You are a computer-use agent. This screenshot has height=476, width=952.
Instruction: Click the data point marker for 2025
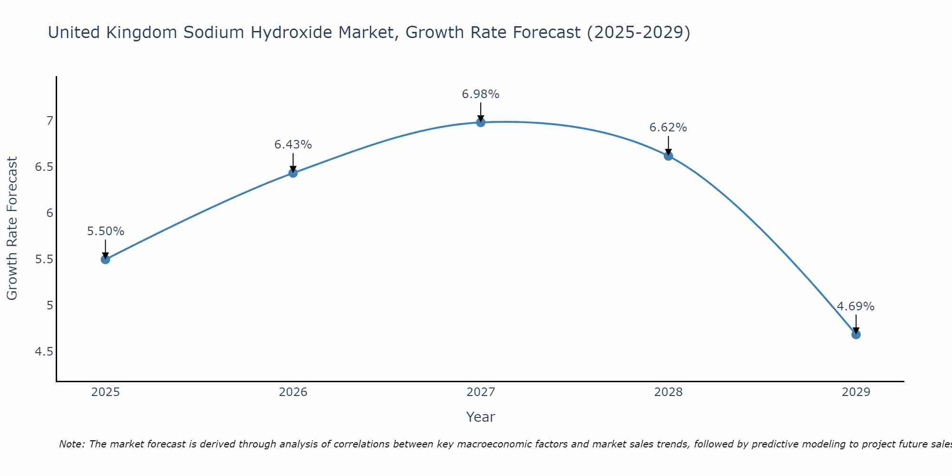point(106,259)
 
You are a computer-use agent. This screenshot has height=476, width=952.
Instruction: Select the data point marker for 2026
point(293,173)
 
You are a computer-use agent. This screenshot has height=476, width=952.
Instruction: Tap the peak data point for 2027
point(481,122)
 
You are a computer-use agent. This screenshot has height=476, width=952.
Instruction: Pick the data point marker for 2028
point(668,156)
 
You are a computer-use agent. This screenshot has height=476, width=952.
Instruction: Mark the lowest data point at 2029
point(856,335)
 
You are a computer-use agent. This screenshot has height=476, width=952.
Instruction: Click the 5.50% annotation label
point(106,231)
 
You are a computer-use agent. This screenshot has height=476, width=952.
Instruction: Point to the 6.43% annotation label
point(293,145)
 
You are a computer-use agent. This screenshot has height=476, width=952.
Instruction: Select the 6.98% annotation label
point(481,94)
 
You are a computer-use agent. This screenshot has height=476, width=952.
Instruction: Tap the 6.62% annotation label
point(668,128)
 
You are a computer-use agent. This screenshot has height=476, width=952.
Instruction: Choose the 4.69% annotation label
point(856,307)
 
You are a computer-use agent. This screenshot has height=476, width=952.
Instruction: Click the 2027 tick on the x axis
point(481,392)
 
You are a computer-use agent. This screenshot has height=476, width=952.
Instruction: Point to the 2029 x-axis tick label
point(856,392)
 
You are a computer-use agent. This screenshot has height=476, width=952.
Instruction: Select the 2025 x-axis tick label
point(106,392)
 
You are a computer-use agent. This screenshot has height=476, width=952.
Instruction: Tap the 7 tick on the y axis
point(49,121)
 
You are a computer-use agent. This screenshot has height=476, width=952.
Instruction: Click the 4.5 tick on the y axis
point(44,352)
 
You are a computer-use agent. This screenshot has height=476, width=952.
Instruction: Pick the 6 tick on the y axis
point(49,213)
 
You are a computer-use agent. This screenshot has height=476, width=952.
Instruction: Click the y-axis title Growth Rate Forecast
point(12,228)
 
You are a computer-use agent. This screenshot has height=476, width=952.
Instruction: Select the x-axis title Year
point(481,417)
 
